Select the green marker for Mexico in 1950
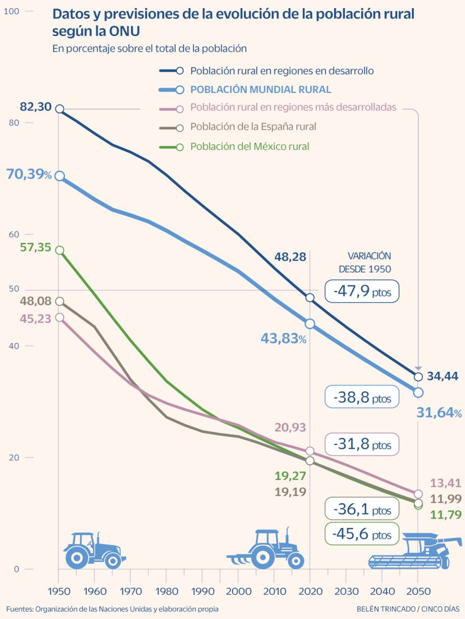[x=60, y=250]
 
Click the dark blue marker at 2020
[x=310, y=297]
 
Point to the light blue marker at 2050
[x=418, y=392]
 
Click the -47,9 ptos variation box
[x=362, y=291]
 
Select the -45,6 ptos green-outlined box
[x=362, y=534]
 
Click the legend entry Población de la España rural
[x=253, y=127]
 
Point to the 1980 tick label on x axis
[x=167, y=591]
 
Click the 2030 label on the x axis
[x=346, y=591]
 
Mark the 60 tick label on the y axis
[x=14, y=235]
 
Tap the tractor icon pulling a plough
[x=266, y=549]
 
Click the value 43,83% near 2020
[x=283, y=339]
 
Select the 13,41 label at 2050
[x=445, y=483]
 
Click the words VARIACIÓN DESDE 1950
[x=365, y=263]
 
